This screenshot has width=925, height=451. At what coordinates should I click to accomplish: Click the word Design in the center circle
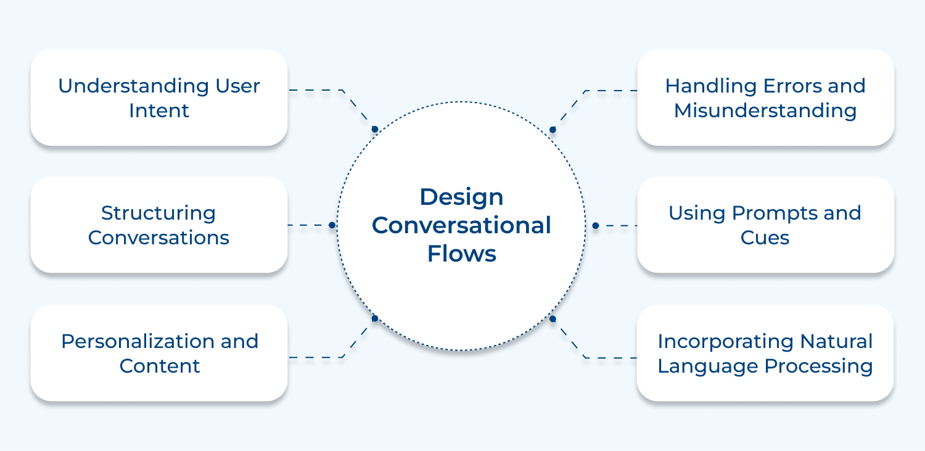pyautogui.click(x=461, y=197)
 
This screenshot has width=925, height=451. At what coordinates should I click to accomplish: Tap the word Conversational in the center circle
pyautogui.click(x=461, y=225)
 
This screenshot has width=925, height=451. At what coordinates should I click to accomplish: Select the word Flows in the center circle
pyautogui.click(x=461, y=254)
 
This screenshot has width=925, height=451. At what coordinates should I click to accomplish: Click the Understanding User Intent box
pyautogui.click(x=159, y=97)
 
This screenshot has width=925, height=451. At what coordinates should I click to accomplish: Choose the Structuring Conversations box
pyautogui.click(x=159, y=225)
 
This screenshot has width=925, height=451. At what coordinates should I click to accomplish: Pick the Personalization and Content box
pyautogui.click(x=159, y=353)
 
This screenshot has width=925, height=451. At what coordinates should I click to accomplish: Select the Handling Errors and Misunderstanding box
pyautogui.click(x=765, y=97)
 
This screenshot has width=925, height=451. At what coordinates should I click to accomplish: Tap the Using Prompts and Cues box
pyautogui.click(x=765, y=225)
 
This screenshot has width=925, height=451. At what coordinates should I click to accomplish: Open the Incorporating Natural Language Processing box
pyautogui.click(x=765, y=353)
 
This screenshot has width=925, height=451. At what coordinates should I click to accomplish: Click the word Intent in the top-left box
pyautogui.click(x=159, y=111)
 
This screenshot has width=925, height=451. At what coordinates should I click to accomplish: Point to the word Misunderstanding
pyautogui.click(x=765, y=111)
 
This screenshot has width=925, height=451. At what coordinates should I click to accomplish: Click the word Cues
pyautogui.click(x=765, y=238)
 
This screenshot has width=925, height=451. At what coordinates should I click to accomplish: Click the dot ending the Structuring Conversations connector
pyautogui.click(x=332, y=225)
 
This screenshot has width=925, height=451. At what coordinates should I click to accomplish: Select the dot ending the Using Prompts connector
pyautogui.click(x=595, y=226)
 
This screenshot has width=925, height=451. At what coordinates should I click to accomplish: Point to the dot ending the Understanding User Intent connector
pyautogui.click(x=374, y=129)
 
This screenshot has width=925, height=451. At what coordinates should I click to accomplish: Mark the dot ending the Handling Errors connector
pyautogui.click(x=553, y=130)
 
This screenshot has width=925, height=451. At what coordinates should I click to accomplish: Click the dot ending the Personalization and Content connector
pyautogui.click(x=374, y=318)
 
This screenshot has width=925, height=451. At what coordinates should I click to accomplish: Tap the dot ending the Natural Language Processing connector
pyautogui.click(x=553, y=319)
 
